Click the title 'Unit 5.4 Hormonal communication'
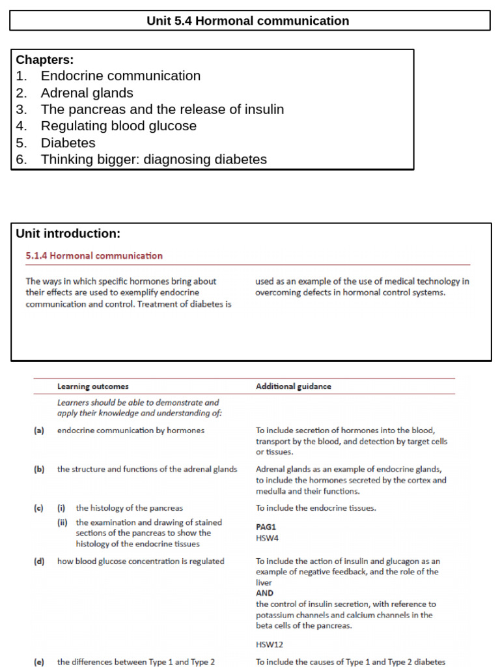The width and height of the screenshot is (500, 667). coord(247,21)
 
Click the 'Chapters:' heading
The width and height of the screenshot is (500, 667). coord(44,60)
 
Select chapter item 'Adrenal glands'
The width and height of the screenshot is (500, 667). coord(87,92)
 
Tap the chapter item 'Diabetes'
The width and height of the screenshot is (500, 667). coord(68,143)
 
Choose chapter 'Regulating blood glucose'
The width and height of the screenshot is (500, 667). coord(118,126)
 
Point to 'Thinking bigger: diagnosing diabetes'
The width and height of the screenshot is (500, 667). coord(154,160)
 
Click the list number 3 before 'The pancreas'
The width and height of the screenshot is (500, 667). coord(21,109)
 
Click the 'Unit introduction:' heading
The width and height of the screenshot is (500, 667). coord(68,234)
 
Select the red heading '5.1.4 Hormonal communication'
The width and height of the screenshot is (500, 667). coord(94,256)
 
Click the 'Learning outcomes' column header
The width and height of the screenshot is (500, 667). coord(92,386)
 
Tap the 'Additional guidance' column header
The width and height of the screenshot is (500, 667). coord(293,386)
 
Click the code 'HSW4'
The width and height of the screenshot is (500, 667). coord(268,538)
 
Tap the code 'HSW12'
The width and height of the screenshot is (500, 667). coord(270,644)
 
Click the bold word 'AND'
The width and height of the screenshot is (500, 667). coord(264,593)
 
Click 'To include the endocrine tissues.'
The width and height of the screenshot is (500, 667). coord(316,508)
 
